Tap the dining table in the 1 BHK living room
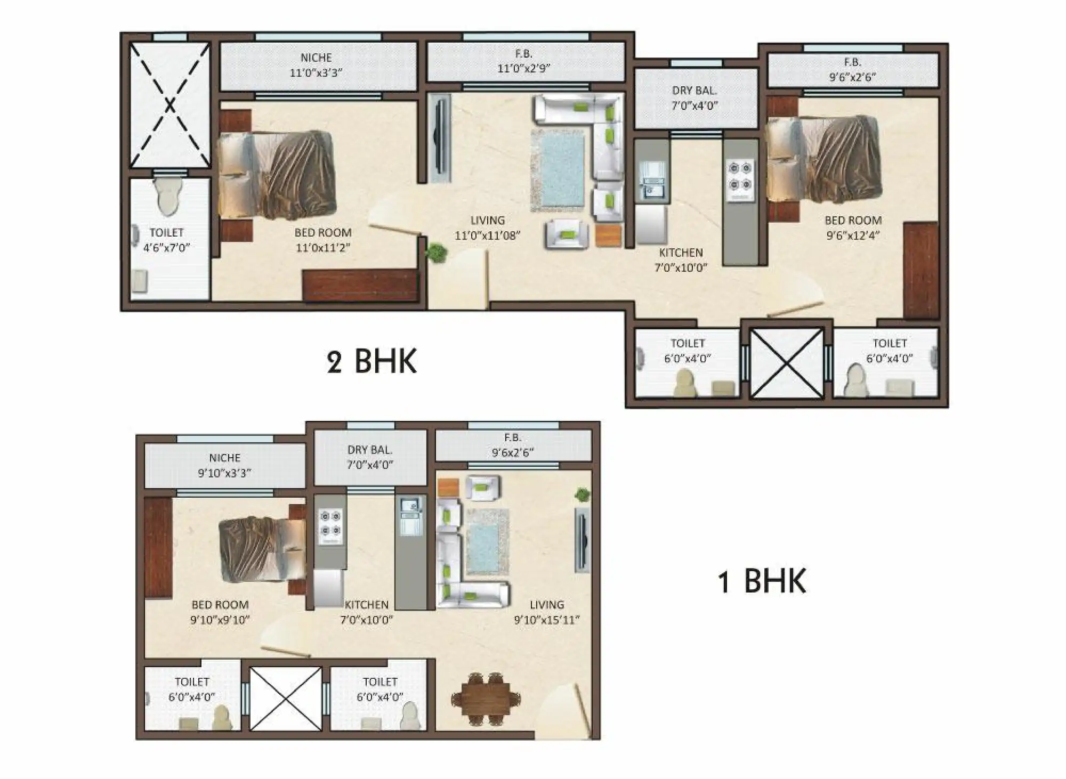[x=485, y=699]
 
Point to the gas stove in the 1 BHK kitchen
[x=330, y=526]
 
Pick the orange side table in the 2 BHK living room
[x=609, y=236]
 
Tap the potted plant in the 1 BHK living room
[x=582, y=495]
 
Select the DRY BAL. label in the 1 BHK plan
[x=370, y=450]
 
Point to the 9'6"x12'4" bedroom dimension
[x=852, y=235]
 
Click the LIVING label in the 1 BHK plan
[x=547, y=605]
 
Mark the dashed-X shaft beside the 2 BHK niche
[x=169, y=105]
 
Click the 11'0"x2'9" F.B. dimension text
[x=523, y=68]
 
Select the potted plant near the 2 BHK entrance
[x=437, y=252]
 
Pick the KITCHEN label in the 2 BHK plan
[x=681, y=253]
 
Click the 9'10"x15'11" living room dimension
[x=547, y=620]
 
